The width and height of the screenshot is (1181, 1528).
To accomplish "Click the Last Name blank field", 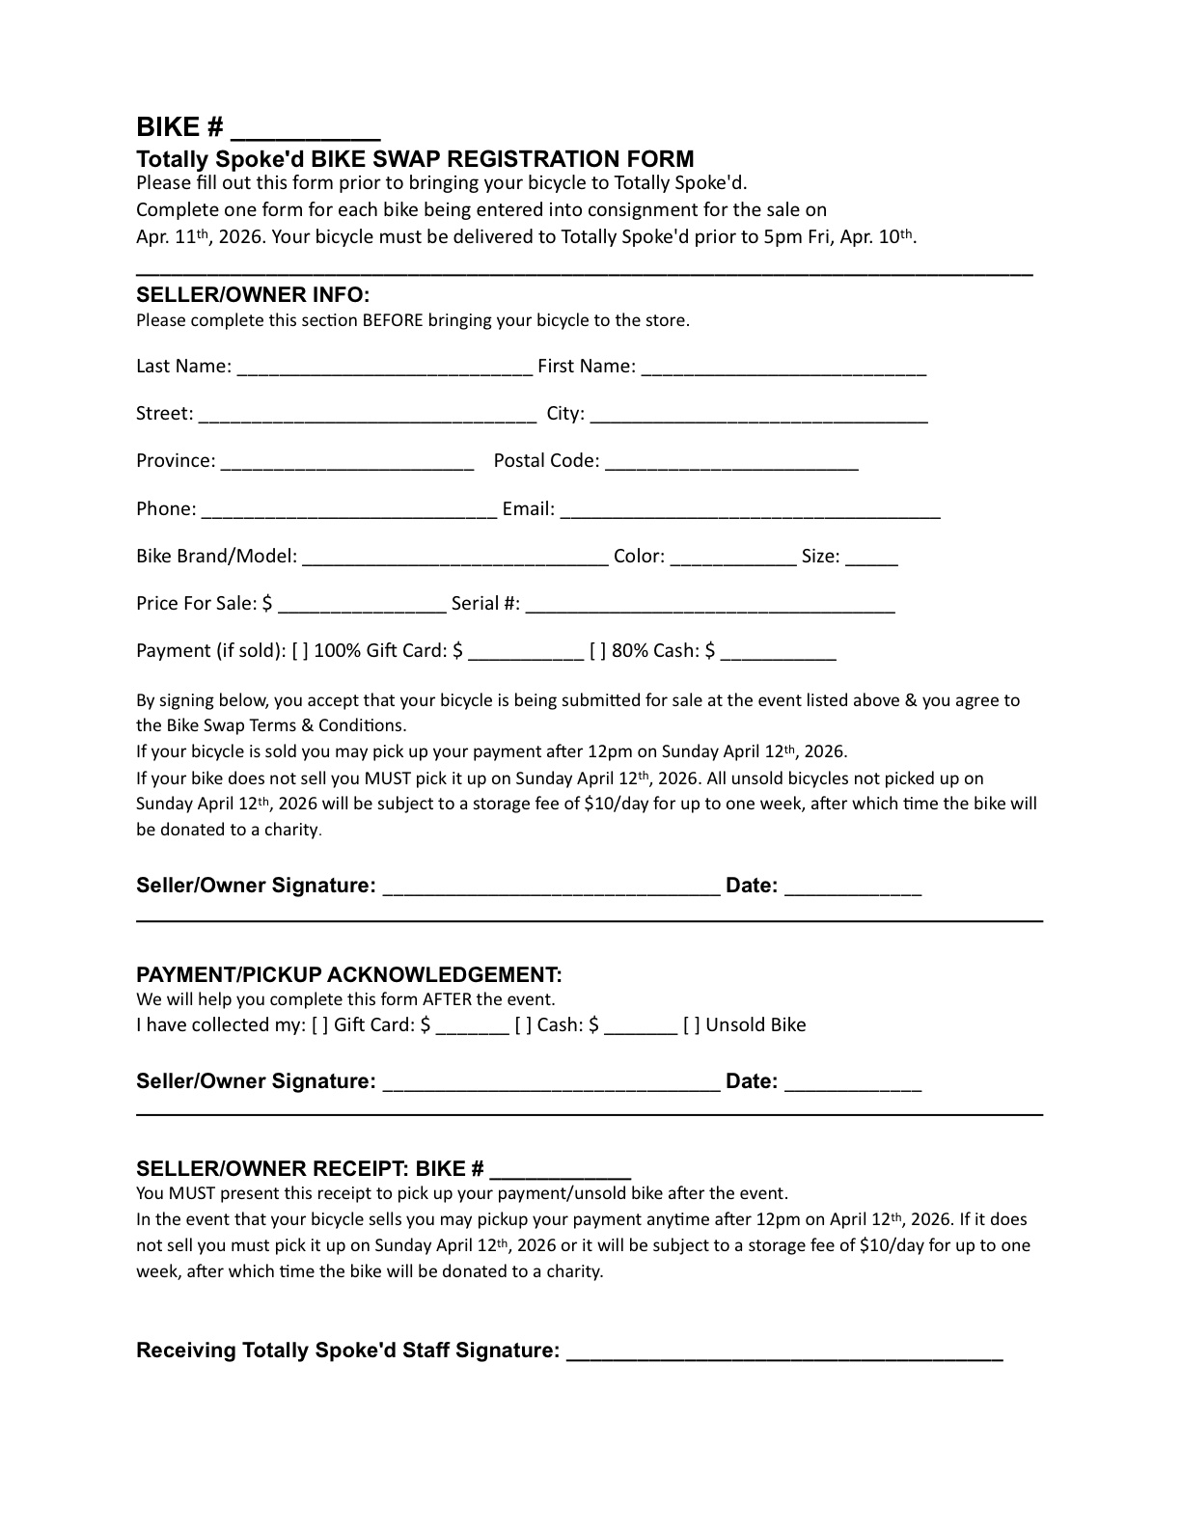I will click(383, 368).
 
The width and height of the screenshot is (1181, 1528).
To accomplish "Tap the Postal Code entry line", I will click(731, 463).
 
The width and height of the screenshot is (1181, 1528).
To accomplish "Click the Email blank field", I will click(750, 511).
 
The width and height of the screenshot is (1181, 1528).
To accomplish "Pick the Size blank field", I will click(871, 559).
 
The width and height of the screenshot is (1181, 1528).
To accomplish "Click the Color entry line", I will click(732, 559).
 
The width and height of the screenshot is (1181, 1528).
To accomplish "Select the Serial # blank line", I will click(710, 606).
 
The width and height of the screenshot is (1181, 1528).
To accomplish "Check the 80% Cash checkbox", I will click(598, 651).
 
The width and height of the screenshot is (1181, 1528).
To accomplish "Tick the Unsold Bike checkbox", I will click(692, 1025).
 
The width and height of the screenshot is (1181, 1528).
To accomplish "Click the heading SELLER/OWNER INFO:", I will click(253, 294).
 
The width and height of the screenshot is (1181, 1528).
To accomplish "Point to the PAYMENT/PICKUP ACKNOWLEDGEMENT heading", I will click(348, 974).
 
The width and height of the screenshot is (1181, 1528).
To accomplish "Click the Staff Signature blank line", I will click(783, 1352).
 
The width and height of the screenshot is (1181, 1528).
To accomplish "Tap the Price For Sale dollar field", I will click(361, 606).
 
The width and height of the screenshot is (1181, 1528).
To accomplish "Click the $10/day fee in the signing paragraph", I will click(616, 804).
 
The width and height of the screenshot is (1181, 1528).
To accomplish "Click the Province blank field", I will click(347, 463).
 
